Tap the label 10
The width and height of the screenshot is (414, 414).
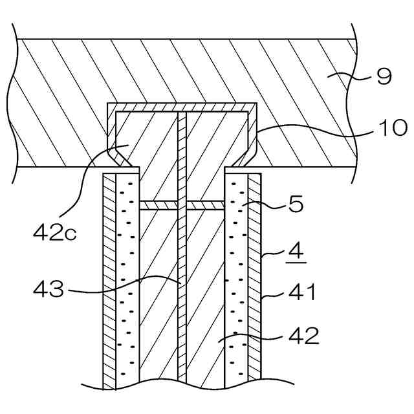click(x=392, y=128)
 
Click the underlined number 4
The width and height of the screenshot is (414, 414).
click(x=292, y=249)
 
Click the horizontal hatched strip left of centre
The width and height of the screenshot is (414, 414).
click(x=158, y=204)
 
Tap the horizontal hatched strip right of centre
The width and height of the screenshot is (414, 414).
click(x=205, y=204)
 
